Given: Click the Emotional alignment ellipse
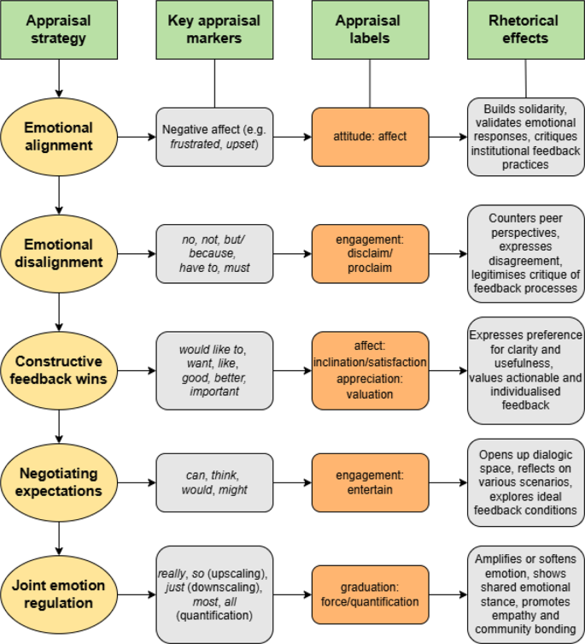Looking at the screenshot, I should [58, 137].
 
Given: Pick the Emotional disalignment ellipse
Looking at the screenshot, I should [58, 254].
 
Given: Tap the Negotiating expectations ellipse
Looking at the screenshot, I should [58, 482].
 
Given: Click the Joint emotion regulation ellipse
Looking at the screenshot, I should [58, 595].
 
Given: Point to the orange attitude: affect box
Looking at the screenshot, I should [369, 137].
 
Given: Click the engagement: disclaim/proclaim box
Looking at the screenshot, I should [369, 254].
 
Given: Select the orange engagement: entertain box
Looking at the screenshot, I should [369, 482].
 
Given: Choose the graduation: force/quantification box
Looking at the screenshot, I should [369, 595].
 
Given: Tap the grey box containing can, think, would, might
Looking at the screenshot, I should [214, 482].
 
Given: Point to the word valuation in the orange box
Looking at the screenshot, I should [369, 394].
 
